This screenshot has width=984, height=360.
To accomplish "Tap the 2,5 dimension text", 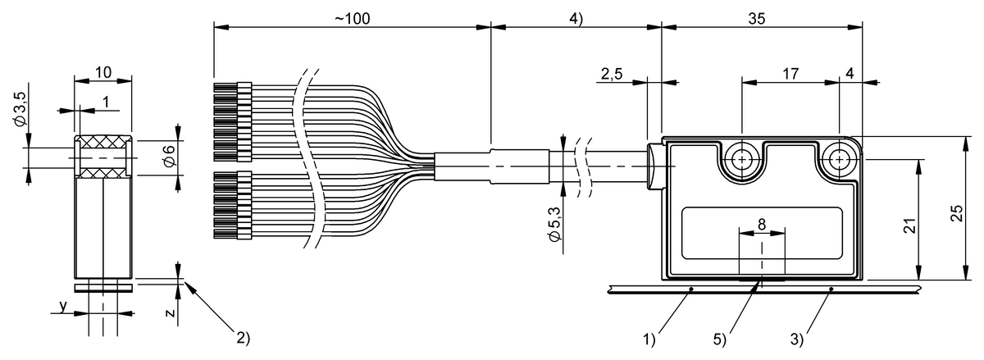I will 611,74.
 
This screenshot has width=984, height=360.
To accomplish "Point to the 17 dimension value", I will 790,74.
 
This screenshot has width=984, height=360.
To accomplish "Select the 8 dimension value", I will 762,223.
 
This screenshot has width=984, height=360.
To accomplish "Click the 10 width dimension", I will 102,72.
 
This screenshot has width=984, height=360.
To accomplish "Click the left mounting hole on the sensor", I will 744,157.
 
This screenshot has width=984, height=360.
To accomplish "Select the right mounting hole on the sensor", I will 838,157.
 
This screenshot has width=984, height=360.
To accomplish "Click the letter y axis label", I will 62,307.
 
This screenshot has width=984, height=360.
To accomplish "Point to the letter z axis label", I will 167,312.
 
